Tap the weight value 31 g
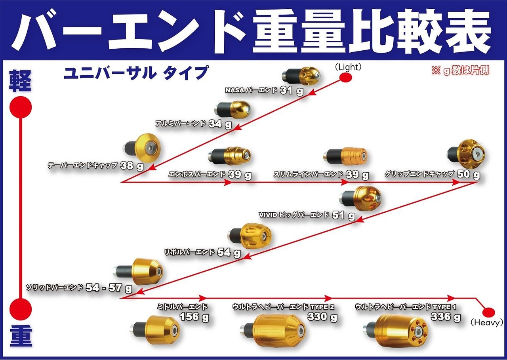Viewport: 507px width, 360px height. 291,90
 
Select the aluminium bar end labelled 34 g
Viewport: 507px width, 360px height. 233,109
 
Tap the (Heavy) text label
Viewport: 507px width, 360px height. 486,323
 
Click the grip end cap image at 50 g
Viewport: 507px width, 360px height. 467,155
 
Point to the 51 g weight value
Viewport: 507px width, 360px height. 343,215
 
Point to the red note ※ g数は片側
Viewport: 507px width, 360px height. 460,70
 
